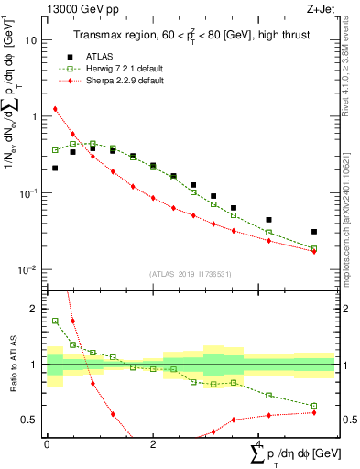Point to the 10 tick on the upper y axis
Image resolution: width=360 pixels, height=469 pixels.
(34, 40)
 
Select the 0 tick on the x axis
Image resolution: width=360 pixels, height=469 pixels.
(47, 442)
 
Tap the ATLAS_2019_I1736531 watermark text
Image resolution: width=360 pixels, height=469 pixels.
(191, 274)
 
